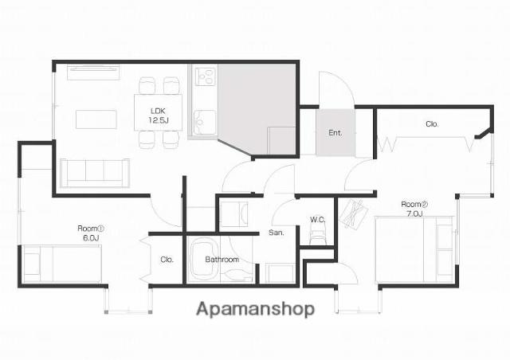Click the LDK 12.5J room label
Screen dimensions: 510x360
coord(159,115)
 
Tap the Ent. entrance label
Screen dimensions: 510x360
coord(335,133)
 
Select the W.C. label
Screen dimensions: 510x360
coord(317,220)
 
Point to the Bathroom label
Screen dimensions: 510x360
coord(222,260)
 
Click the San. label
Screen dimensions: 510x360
coord(277,233)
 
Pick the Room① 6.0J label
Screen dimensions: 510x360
coord(91,233)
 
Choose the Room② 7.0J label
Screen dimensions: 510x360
coord(414,209)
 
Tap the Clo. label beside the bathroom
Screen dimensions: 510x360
coord(167,260)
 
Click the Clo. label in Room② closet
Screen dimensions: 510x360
coord(432,124)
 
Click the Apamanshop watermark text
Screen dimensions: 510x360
coord(256,309)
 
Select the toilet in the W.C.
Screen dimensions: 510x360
coord(317,236)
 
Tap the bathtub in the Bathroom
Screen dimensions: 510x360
coord(204,260)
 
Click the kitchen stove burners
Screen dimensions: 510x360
coord(206,76)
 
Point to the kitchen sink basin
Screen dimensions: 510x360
coord(204,123)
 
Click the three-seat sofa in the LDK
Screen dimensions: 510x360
coord(95,173)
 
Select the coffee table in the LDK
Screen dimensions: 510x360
coord(96,119)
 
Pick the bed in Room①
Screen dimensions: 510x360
coord(62,264)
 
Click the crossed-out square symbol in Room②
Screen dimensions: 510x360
coord(353,214)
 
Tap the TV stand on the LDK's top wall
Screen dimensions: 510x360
coord(93,72)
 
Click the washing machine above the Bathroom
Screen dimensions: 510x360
coord(233,214)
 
